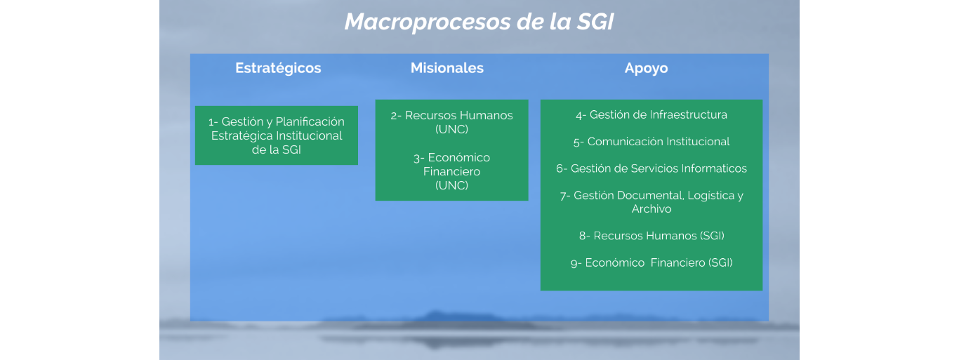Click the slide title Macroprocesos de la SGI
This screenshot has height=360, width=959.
[x=479, y=22]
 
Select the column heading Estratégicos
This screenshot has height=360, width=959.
[x=278, y=69]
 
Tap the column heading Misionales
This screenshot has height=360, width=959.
[x=447, y=68]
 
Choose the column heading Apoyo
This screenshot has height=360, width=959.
[x=646, y=69]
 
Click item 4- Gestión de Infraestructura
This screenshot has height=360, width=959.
[x=652, y=114]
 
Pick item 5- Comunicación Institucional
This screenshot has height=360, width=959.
[x=652, y=142]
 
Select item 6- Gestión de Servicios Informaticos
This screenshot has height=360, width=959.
[x=652, y=168]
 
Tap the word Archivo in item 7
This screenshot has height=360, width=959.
[x=652, y=209]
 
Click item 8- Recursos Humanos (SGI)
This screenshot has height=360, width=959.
[x=652, y=236]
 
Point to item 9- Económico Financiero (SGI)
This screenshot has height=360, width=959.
[x=652, y=263]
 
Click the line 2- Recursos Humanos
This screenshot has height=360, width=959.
[x=451, y=116]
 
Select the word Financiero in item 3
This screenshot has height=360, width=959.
[x=451, y=172]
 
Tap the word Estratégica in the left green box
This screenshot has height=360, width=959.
[x=239, y=136]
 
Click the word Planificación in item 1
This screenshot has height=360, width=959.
[x=310, y=122]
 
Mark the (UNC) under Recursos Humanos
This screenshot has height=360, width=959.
[x=451, y=129]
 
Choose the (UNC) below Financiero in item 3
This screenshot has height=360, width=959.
[x=451, y=185]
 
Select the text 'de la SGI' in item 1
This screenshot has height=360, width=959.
[x=276, y=150]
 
